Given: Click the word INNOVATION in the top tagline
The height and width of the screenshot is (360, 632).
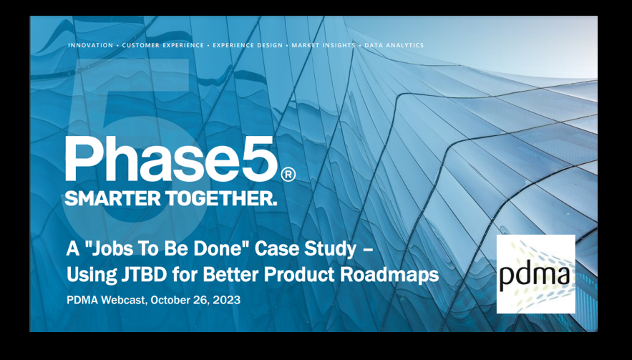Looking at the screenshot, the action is tap(91, 46).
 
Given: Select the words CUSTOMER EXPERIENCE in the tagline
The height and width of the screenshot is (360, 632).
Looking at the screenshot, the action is tap(163, 46).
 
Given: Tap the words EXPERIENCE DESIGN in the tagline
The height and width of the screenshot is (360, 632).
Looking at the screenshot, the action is tap(248, 46).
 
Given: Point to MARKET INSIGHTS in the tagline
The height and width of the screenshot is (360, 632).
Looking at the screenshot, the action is tap(324, 46).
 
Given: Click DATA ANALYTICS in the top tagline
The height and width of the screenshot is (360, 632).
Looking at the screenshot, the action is tap(394, 46).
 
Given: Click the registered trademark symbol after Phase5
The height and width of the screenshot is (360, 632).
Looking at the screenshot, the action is tap(288, 174).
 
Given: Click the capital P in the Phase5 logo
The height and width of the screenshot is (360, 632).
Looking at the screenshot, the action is tap(81, 159).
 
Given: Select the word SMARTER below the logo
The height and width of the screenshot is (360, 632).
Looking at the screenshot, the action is tap(113, 198).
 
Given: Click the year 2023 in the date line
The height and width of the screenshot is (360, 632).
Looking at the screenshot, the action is tap(227, 301).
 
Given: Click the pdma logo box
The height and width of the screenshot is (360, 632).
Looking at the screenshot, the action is tap(535, 273).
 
